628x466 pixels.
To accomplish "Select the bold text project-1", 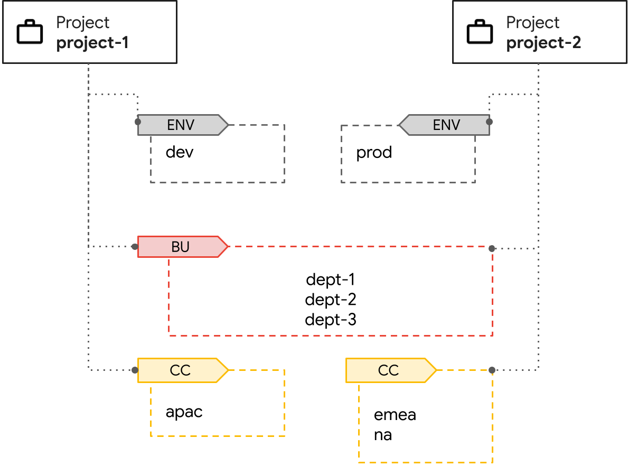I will click(x=92, y=43).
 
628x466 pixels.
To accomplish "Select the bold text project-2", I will click(x=543, y=43).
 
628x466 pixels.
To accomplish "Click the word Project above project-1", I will click(x=83, y=23).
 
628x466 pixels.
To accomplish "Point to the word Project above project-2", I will click(x=532, y=23).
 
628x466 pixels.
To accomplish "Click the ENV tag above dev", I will click(x=181, y=125).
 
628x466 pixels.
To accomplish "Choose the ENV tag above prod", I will click(x=446, y=125).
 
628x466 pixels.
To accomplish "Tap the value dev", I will click(x=180, y=153).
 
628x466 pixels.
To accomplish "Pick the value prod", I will click(x=374, y=153).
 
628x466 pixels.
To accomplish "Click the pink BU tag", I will click(x=181, y=247).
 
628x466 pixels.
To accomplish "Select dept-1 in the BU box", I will click(x=331, y=279).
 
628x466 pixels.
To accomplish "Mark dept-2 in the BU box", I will click(x=331, y=300).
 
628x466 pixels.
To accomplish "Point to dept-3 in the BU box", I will click(x=331, y=320).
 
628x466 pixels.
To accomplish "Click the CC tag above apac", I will click(x=181, y=370).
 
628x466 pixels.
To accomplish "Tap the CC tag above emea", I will click(x=389, y=370).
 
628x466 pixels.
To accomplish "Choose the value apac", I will click(x=184, y=412).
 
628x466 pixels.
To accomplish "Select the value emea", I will click(x=395, y=415).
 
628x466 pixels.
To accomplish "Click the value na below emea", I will click(x=383, y=436).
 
